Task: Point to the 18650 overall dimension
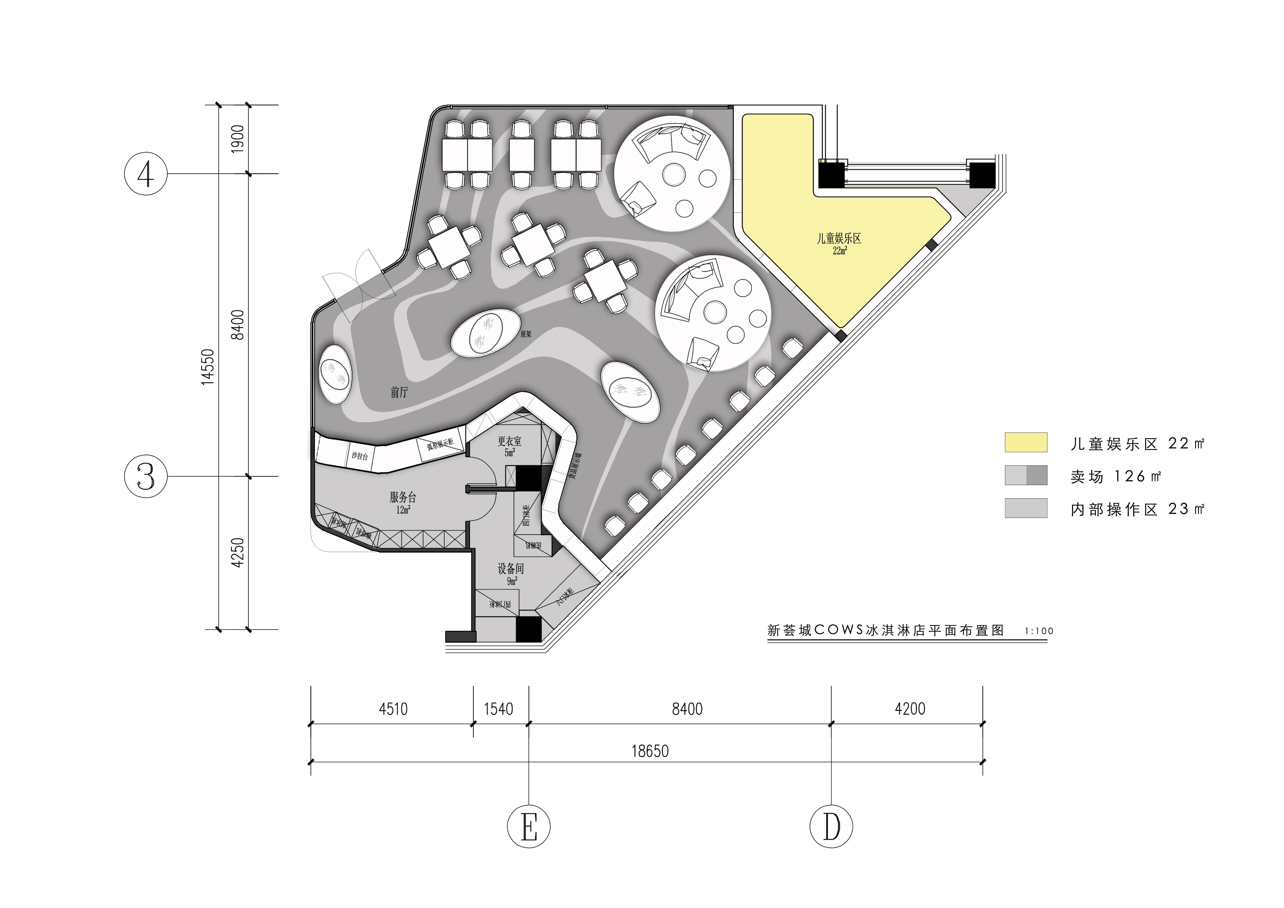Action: (x=650, y=751)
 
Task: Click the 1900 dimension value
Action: (x=238, y=139)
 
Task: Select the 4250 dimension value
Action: (x=238, y=552)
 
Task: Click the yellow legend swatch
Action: (x=1026, y=442)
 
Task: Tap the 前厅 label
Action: (x=399, y=392)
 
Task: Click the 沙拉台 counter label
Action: (x=359, y=456)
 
